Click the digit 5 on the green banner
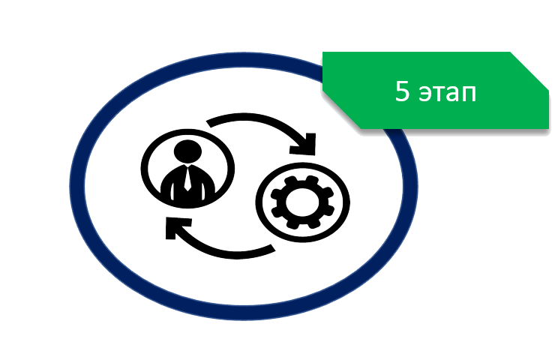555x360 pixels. pyautogui.click(x=402, y=91)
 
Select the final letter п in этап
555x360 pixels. pyautogui.click(x=469, y=94)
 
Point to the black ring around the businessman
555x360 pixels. pyautogui.click(x=145, y=169)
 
